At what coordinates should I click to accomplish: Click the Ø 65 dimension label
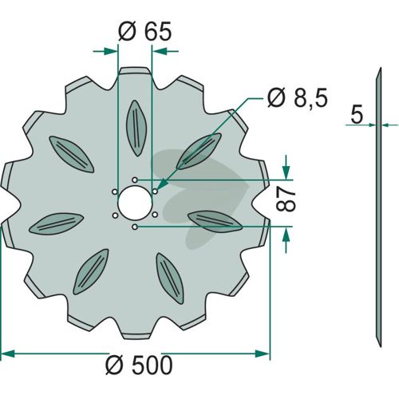pos(145,32)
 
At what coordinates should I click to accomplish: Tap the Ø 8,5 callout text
pos(298,97)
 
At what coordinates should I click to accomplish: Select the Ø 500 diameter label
pos(139,365)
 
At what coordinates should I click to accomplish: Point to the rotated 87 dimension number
pos(286,199)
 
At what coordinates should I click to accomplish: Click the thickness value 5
pos(357,115)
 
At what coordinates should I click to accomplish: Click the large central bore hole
pos(135,203)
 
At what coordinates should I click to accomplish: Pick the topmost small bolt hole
pos(135,180)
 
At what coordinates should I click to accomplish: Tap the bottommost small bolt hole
pos(135,227)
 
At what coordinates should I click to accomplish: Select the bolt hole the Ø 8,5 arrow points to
pos(155,192)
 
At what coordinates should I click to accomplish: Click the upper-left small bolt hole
pos(115,192)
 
